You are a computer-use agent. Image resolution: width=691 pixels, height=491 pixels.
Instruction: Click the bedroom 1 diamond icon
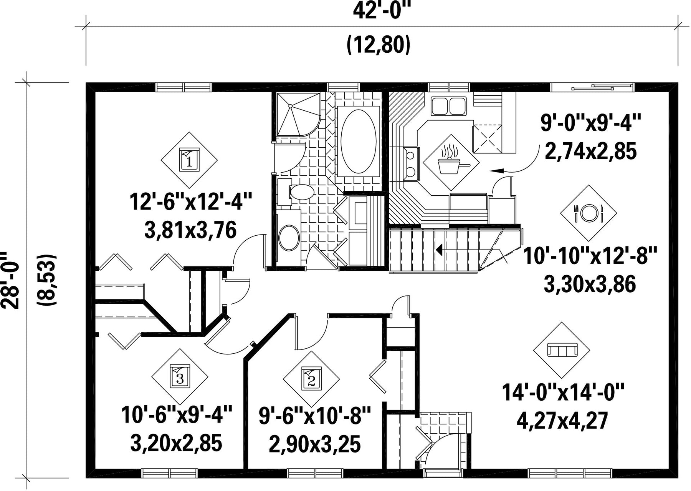(189, 160)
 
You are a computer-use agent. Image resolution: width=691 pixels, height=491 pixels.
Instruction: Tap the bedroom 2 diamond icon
(311, 379)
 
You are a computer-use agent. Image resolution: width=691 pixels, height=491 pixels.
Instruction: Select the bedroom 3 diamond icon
(180, 376)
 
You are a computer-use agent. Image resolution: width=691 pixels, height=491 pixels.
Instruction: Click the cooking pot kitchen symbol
(451, 162)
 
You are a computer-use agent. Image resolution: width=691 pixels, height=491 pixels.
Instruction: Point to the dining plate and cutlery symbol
(589, 213)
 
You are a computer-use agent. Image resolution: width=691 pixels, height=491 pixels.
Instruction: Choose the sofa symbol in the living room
(562, 350)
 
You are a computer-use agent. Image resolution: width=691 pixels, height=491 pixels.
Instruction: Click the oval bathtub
(359, 141)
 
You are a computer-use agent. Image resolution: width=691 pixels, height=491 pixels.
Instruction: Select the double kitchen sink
(449, 106)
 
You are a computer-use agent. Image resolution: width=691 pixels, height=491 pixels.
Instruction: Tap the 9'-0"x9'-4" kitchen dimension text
(590, 123)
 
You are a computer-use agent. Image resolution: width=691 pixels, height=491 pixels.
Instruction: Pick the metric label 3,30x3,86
(590, 285)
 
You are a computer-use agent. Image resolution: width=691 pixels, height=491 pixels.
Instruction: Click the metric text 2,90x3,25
(315, 445)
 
